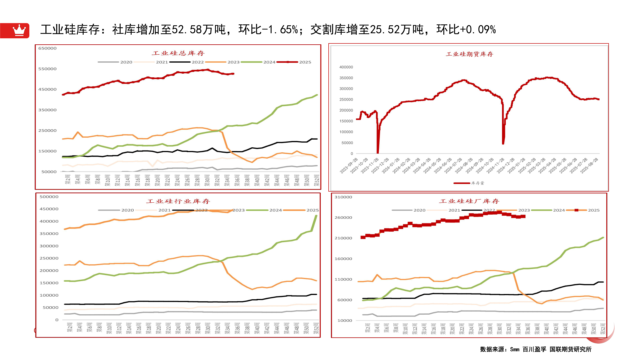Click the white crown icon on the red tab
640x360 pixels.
(x=19, y=30)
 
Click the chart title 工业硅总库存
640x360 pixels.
(x=178, y=53)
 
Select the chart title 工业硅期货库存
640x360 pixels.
(x=469, y=54)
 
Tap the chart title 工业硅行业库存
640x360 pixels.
(x=178, y=201)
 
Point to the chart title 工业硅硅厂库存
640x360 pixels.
(x=469, y=201)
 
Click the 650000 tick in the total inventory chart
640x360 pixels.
(x=47, y=48)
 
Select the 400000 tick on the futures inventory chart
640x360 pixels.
(x=346, y=67)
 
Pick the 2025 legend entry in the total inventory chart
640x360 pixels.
(x=305, y=62)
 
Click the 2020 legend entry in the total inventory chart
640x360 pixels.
(x=126, y=62)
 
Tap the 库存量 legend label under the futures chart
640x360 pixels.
(x=477, y=183)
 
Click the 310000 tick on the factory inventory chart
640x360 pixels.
(x=343, y=197)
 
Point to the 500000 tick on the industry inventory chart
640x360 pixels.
(x=49, y=197)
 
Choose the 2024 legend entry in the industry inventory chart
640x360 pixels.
(x=275, y=210)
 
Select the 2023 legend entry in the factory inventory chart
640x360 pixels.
(x=524, y=210)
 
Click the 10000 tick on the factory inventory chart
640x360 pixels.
(x=345, y=321)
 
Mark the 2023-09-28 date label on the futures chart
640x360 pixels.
(x=349, y=166)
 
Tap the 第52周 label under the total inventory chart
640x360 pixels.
(x=316, y=180)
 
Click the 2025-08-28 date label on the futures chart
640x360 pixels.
(x=589, y=166)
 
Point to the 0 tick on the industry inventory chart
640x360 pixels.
(x=57, y=320)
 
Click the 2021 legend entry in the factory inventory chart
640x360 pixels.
(x=454, y=210)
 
